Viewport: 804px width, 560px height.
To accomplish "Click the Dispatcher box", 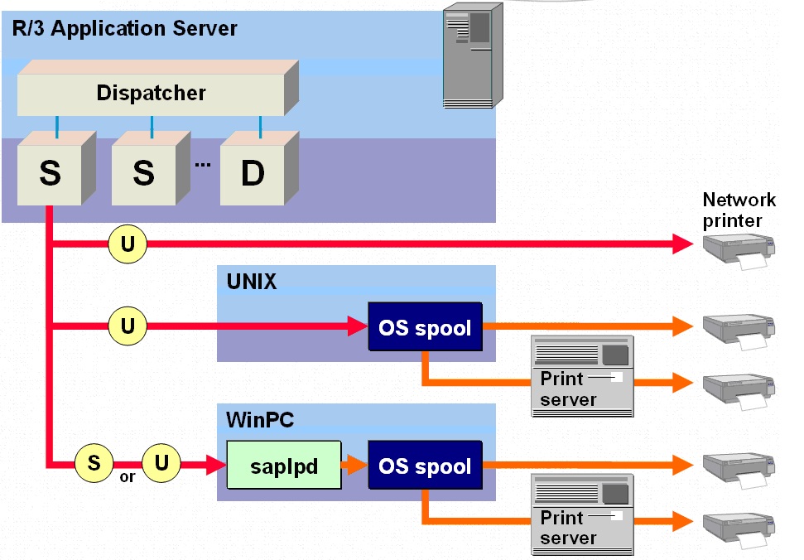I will pos(151,93).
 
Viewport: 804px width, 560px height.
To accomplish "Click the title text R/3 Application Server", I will pos(125,29).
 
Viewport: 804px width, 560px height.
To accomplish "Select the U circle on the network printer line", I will pos(127,244).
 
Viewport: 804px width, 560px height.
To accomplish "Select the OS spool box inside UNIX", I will pos(425,328).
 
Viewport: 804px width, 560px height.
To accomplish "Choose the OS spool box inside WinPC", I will pos(425,466).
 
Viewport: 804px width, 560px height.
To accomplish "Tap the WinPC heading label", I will pos(260,420).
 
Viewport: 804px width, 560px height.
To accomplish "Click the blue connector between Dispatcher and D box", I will pos(261,127).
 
